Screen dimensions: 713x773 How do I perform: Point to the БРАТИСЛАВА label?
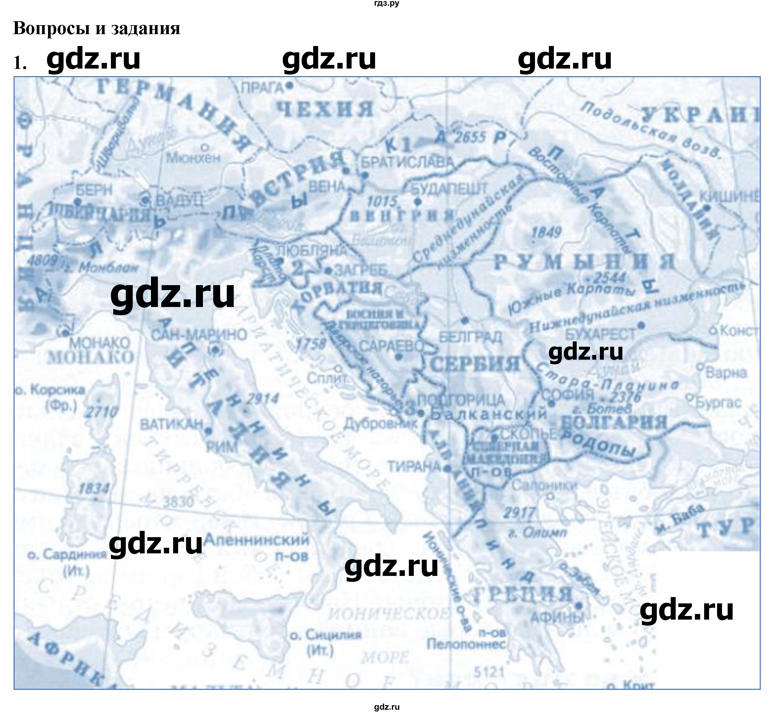click(407, 162)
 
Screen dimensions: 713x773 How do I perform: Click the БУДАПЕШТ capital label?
click(449, 189)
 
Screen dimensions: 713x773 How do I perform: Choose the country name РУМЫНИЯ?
click(584, 262)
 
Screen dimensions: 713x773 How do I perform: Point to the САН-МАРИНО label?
click(199, 334)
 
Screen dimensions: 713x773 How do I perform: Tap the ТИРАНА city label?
click(414, 467)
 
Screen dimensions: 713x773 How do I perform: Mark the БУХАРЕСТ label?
click(600, 334)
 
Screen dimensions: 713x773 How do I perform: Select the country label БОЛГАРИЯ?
click(613, 422)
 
